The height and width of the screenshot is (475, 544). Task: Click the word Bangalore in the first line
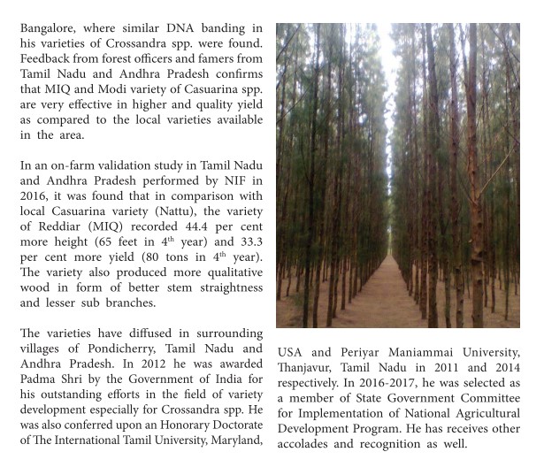(x=50, y=28)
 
